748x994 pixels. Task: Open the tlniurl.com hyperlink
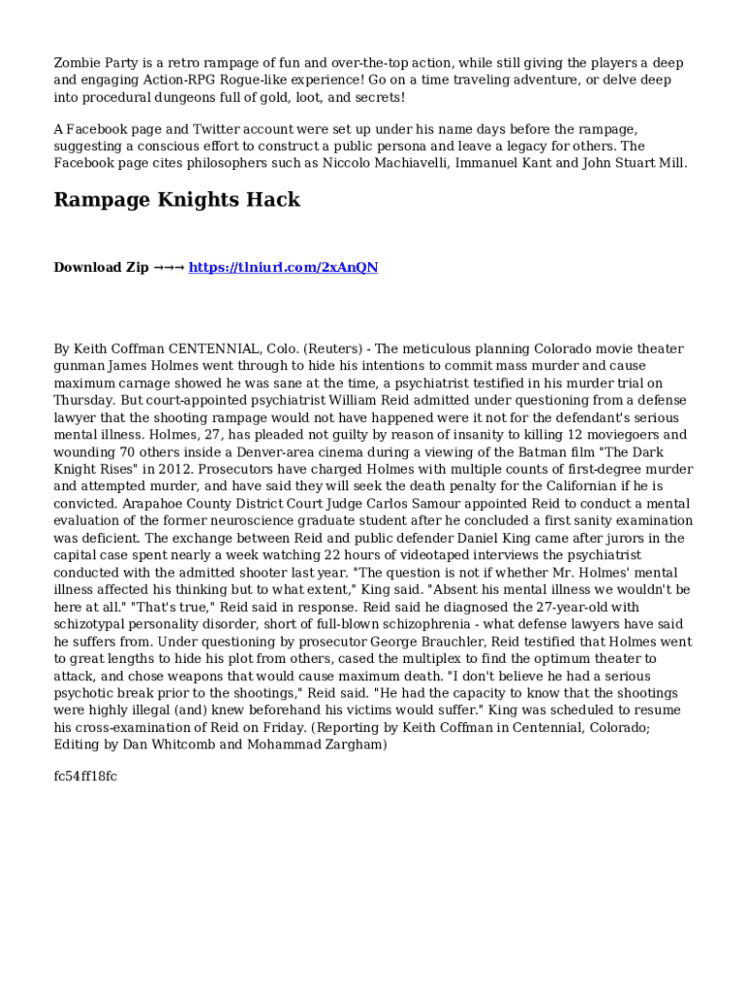pyautogui.click(x=283, y=267)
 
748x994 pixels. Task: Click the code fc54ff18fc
pyautogui.click(x=85, y=777)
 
